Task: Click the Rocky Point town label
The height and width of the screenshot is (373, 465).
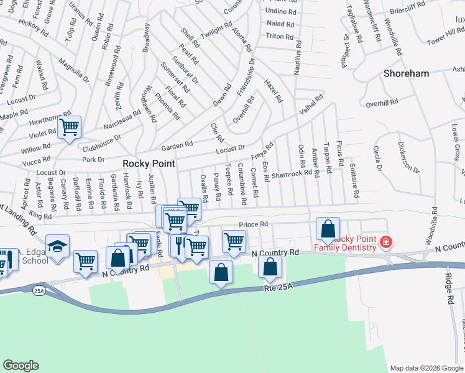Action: pos(149,163)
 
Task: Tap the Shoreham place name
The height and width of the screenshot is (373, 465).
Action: pos(406,73)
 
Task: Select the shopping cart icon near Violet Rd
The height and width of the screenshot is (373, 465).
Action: pos(70,128)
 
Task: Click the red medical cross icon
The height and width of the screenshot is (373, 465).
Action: pos(386,241)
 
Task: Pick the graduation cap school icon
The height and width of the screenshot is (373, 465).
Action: pos(57,247)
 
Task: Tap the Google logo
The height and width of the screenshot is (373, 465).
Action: pos(21,366)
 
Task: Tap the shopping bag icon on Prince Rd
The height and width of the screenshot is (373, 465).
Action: pos(328,229)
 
